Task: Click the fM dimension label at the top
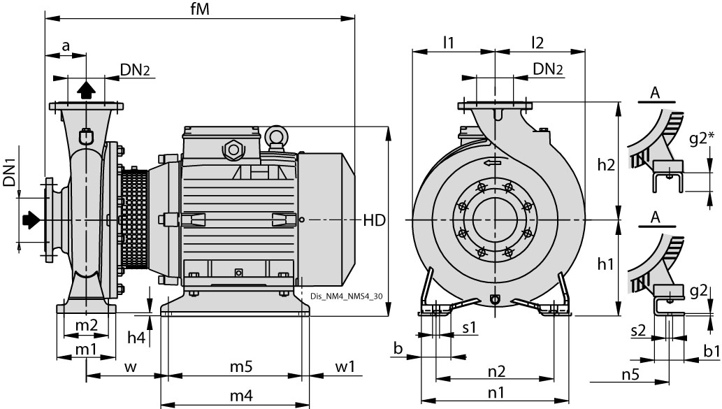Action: (201, 9)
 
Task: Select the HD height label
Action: (375, 220)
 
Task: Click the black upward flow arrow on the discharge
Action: (85, 89)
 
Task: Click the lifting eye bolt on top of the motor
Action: (277, 136)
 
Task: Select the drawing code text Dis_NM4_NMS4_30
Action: (346, 296)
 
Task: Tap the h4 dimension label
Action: (137, 338)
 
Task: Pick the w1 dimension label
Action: (345, 366)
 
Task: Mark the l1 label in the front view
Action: (448, 42)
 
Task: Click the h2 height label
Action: (607, 165)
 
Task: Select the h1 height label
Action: (607, 264)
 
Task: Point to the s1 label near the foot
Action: (469, 327)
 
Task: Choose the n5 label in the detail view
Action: (630, 374)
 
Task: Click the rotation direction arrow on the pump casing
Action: (491, 162)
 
